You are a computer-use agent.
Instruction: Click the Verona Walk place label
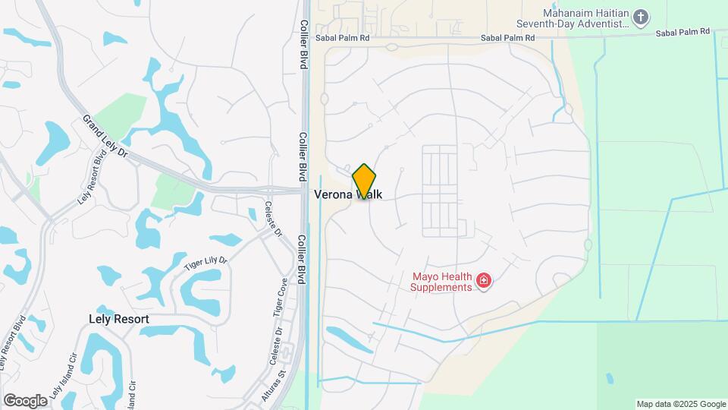(x=348, y=194)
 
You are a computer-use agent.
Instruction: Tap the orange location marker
(x=364, y=181)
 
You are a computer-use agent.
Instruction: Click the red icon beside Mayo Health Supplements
(x=484, y=282)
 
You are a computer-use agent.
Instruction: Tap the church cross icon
(x=641, y=17)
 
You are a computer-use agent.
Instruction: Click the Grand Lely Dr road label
(x=107, y=136)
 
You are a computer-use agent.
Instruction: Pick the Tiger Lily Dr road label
(x=206, y=264)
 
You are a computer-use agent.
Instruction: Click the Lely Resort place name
(x=118, y=320)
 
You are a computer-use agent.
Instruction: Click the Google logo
(x=25, y=401)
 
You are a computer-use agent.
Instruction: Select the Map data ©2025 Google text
(x=680, y=404)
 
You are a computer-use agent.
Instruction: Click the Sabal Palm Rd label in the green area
(x=682, y=33)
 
